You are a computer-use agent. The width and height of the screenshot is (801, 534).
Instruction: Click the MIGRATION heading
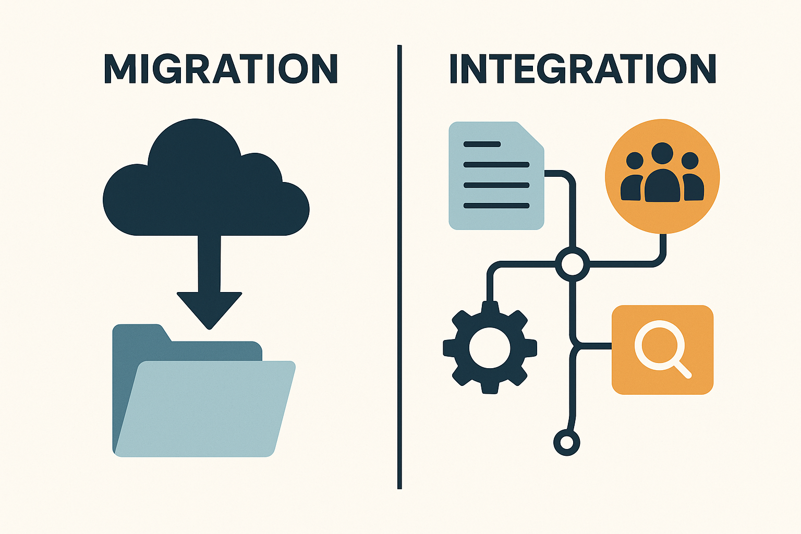[x=221, y=69]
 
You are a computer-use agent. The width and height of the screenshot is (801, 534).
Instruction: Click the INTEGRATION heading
[x=583, y=69]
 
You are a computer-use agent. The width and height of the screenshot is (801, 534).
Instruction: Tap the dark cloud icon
[x=206, y=177]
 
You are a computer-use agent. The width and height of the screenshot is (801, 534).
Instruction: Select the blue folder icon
[x=204, y=390]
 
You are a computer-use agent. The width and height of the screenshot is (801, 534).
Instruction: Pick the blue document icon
[x=496, y=176]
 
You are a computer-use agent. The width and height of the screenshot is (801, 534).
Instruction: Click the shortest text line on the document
[x=482, y=144]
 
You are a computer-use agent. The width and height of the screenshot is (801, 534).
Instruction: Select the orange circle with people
[x=662, y=176]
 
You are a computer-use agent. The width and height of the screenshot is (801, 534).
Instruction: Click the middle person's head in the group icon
[x=662, y=153]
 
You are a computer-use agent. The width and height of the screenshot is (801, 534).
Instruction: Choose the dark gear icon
[x=490, y=347]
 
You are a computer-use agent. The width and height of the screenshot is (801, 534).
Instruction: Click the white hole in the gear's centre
[x=490, y=347]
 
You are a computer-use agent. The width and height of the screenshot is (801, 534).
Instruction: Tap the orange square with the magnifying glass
[x=663, y=350]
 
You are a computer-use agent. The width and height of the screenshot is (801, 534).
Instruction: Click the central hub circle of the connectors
[x=573, y=264]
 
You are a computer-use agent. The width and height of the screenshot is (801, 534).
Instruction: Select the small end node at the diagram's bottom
[x=566, y=443]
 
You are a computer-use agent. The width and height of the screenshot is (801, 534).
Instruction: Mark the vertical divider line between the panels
[x=399, y=267]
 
